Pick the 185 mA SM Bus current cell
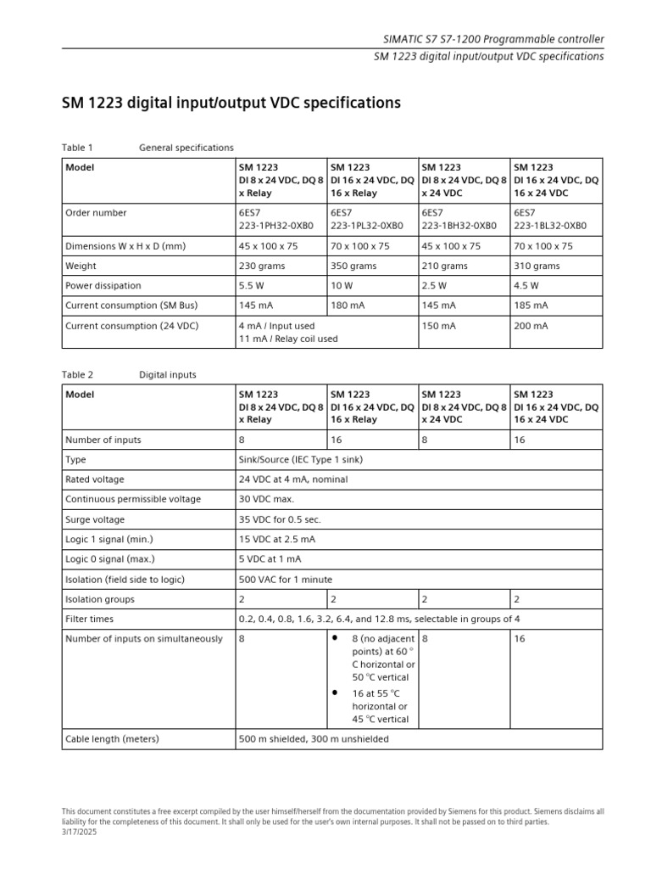tap(531, 306)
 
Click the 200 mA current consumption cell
tap(531, 326)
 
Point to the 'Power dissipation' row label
tap(103, 286)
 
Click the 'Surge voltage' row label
tap(95, 519)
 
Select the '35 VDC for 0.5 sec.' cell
tap(281, 519)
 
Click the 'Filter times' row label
tap(89, 619)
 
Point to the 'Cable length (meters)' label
tap(112, 738)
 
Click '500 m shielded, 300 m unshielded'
tap(314, 738)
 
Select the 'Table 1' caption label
tap(77, 148)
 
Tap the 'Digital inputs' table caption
tap(168, 374)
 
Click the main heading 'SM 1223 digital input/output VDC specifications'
tap(231, 104)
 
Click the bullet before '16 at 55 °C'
tap(335, 693)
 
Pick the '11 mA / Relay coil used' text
tap(288, 339)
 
